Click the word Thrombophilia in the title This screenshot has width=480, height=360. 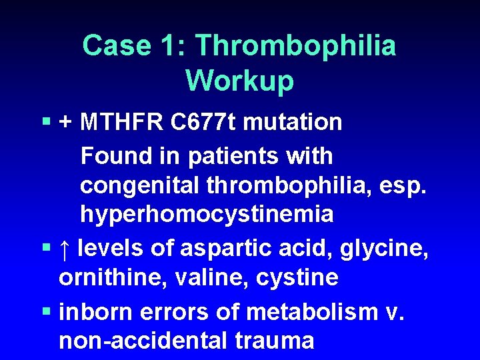(295, 46)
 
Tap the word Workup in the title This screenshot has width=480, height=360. (240, 81)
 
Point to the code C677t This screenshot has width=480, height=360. (203, 123)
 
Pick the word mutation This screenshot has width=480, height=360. (293, 123)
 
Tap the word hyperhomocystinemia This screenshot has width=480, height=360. (207, 215)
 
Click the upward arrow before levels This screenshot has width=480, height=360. (64, 249)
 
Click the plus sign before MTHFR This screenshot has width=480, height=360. (66, 123)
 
